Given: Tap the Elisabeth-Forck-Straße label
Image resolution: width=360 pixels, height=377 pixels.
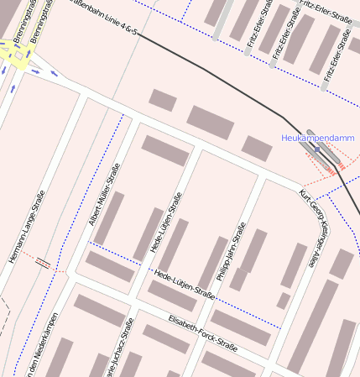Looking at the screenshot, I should pyautogui.click(x=202, y=332).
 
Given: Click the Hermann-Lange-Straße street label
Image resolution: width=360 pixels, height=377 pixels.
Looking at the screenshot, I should pyautogui.click(x=28, y=227).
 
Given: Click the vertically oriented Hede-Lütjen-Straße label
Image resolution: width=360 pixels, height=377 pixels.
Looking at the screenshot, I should pyautogui.click(x=165, y=223).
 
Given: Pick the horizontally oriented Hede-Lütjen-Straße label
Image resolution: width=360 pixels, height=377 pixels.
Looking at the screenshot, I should pyautogui.click(x=185, y=284).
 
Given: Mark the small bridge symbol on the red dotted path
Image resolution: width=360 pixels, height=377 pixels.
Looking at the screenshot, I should pyautogui.click(x=42, y=263).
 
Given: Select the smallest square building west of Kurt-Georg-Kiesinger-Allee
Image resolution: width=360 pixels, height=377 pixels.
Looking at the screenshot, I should pyautogui.click(x=284, y=300).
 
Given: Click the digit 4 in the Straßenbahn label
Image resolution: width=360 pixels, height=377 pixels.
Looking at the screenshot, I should pyautogui.click(x=123, y=28).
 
